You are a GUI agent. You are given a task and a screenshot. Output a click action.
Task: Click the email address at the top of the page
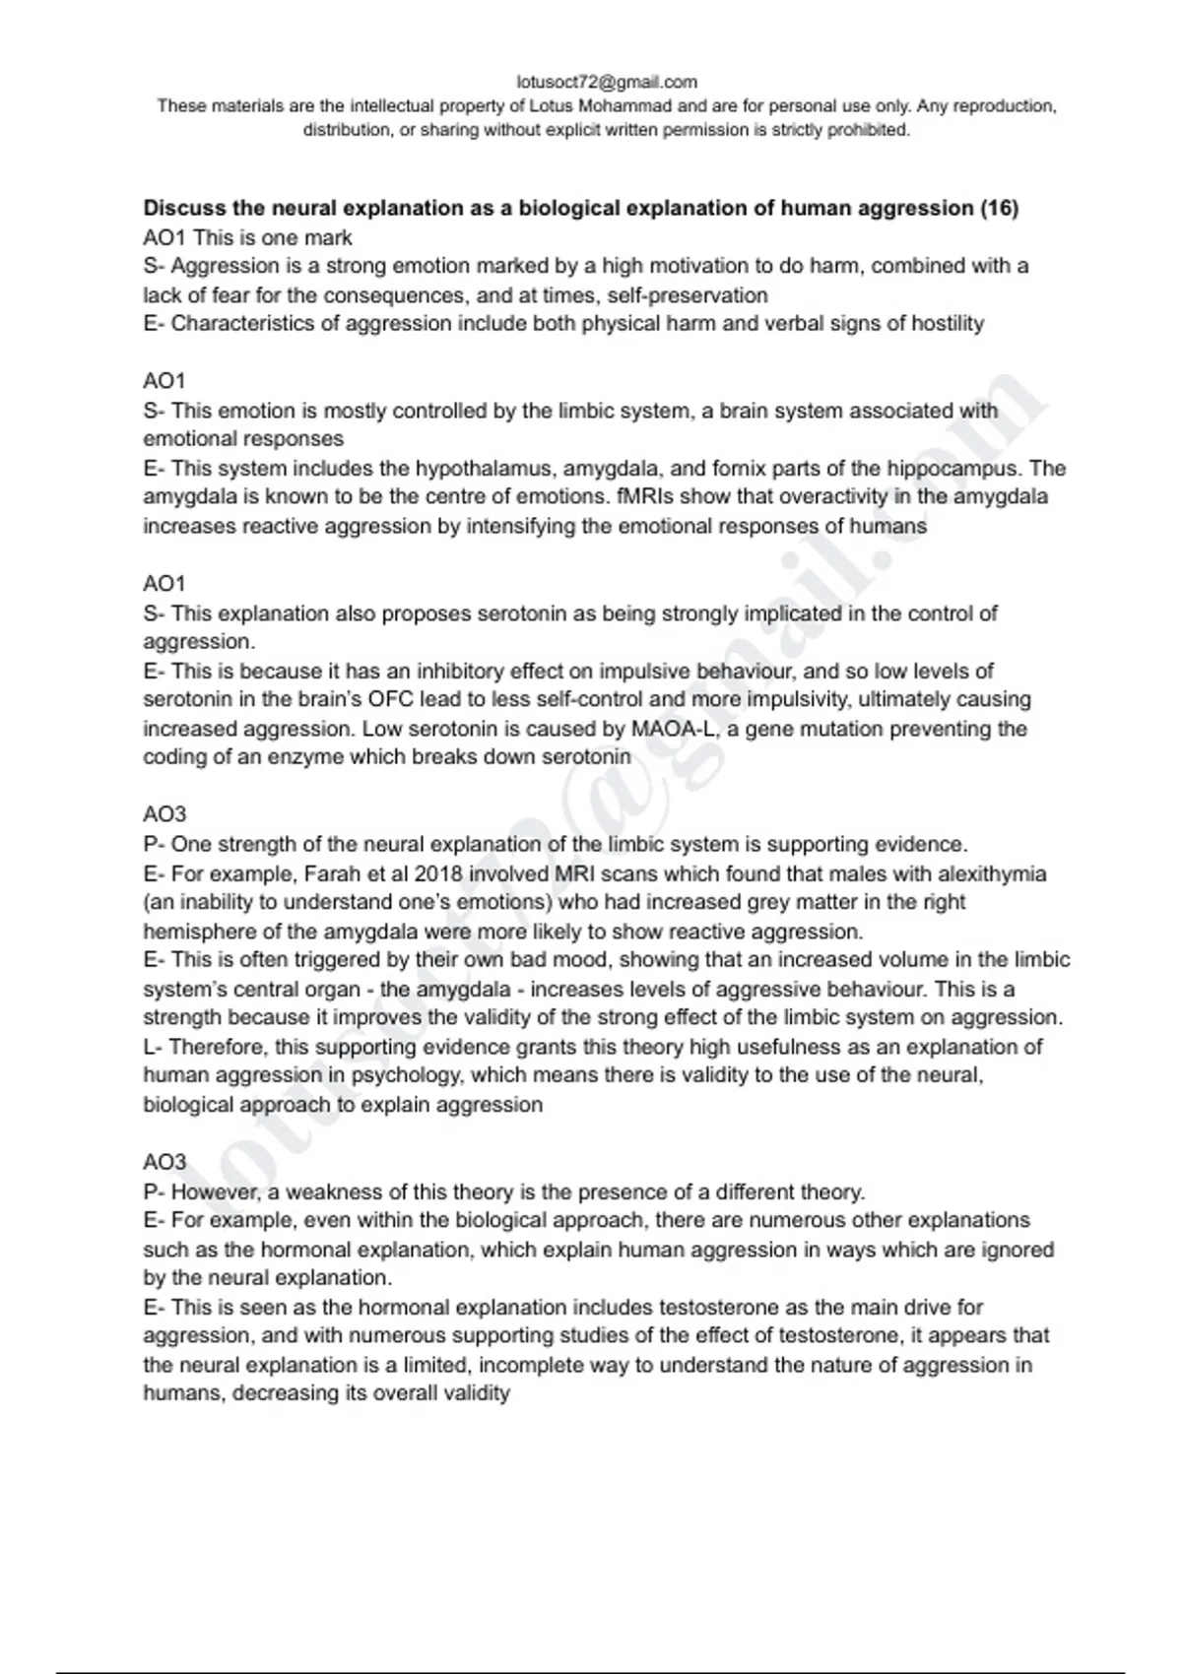606,82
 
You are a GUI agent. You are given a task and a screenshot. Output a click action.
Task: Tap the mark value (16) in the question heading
999,208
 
